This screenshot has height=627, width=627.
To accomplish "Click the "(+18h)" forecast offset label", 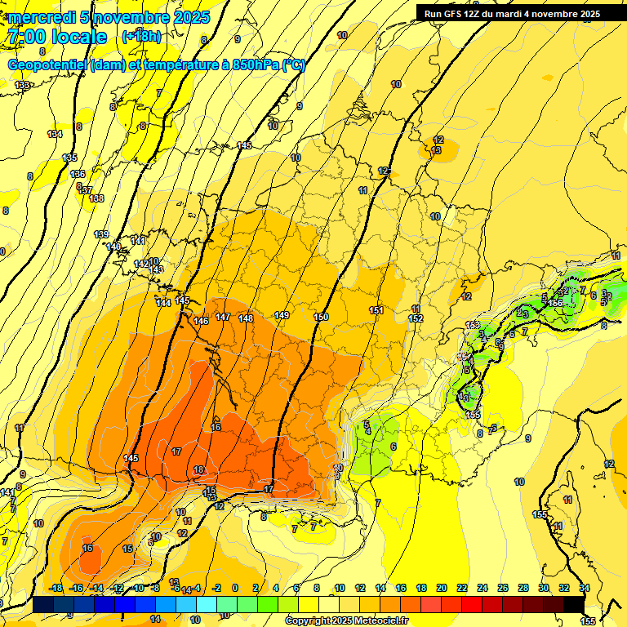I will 141,37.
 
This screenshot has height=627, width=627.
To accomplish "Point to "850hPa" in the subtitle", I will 254,65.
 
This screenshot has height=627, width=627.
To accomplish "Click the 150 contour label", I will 321,317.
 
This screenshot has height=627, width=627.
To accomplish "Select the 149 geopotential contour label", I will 282,315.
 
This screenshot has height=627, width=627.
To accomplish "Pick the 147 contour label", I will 222,317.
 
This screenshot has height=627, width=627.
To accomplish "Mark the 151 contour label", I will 376,310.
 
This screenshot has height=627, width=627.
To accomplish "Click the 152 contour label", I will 416,318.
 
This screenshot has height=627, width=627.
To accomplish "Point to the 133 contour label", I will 22,86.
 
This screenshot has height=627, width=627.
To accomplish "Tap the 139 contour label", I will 101,234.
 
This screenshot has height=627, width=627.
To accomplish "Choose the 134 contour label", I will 55,134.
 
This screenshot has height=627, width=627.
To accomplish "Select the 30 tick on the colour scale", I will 544,589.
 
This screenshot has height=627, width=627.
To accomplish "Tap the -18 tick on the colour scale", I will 56,589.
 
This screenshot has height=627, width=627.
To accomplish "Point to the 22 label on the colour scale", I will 462,589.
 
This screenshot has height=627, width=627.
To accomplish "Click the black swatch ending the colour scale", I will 574,604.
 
